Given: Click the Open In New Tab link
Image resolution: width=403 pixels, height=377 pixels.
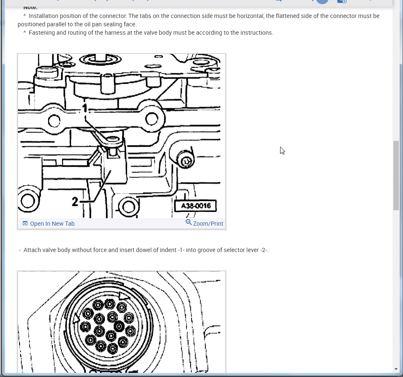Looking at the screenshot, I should [x=52, y=224].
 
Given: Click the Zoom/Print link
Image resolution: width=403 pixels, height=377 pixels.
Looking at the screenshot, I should [x=208, y=224].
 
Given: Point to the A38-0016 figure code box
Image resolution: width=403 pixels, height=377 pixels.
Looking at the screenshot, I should [x=196, y=206].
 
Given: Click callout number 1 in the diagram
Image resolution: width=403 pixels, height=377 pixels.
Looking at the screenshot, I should [x=84, y=109].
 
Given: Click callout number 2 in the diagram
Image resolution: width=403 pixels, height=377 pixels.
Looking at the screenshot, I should [x=74, y=202].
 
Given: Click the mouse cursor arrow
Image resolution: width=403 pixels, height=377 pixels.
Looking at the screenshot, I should [x=282, y=150].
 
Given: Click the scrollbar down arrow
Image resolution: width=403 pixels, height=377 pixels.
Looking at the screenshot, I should [x=396, y=369].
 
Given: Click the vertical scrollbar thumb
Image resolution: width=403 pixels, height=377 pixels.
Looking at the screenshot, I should [x=396, y=176].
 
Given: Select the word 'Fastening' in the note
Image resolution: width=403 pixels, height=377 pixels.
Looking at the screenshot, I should [x=42, y=33].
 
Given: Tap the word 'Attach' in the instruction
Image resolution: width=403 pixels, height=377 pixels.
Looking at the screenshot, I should [x=32, y=250].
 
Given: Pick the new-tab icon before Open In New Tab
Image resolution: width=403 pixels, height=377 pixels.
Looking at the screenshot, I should [x=25, y=224].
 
